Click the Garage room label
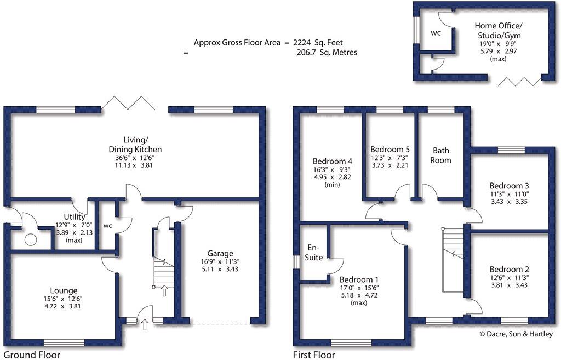pyautogui.click(x=220, y=253)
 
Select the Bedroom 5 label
pyautogui.click(x=390, y=149)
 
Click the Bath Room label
pyautogui.click(x=441, y=155)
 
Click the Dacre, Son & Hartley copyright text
pyautogui.click(x=516, y=334)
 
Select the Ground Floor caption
pyautogui.click(x=31, y=355)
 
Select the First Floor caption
pyautogui.click(x=313, y=355)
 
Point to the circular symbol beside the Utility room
pyautogui.click(x=31, y=238)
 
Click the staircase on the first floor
pyautogui.click(x=453, y=241)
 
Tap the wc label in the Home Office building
pyautogui.click(x=436, y=33)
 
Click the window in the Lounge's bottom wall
pyautogui.click(x=64, y=342)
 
